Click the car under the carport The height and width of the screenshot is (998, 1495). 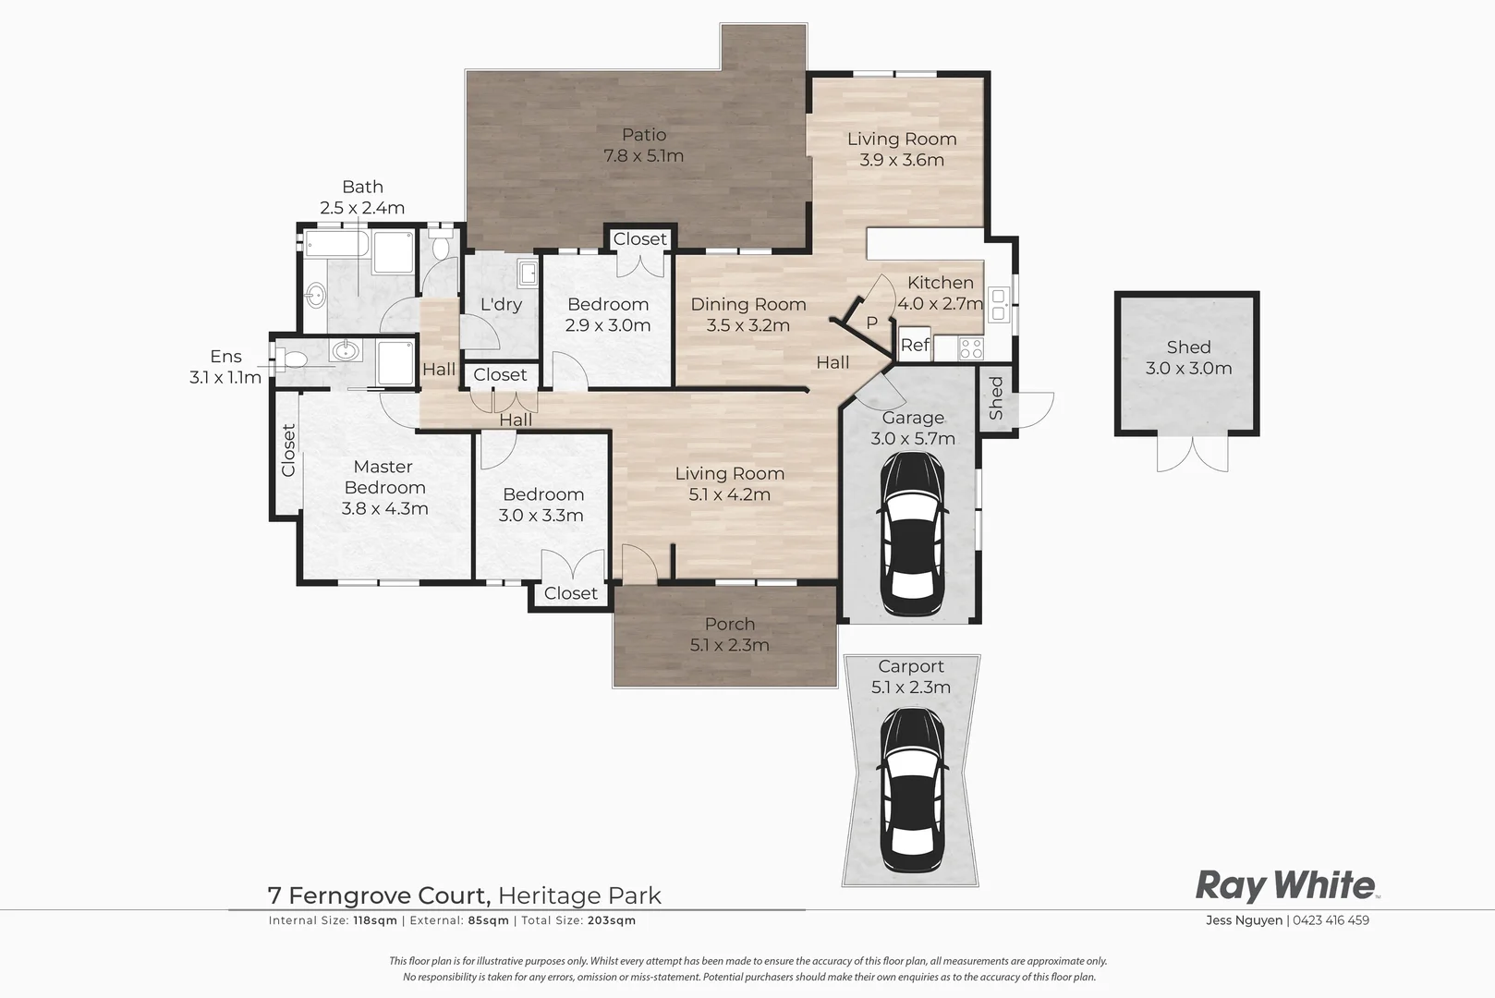(x=912, y=790)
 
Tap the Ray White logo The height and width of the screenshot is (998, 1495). (x=1287, y=886)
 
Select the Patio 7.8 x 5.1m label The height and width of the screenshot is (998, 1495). (x=643, y=145)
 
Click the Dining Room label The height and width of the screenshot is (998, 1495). (x=748, y=304)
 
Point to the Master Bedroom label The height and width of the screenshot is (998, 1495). (x=383, y=477)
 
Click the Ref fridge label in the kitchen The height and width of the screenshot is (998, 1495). (x=915, y=345)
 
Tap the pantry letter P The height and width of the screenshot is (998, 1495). (x=871, y=323)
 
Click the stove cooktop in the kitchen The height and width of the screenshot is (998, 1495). (x=970, y=348)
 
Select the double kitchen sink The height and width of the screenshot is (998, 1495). (x=999, y=304)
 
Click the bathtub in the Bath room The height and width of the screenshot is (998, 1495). (x=337, y=244)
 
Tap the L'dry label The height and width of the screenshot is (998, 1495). (x=501, y=305)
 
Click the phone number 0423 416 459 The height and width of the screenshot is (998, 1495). (x=1331, y=920)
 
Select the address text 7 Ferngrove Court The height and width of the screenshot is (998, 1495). (x=379, y=895)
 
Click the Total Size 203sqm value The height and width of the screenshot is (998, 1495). (x=612, y=920)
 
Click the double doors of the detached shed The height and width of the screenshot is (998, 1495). (x=1192, y=454)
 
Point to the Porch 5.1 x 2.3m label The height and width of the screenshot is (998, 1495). (x=729, y=635)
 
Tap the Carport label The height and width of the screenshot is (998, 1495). (x=911, y=667)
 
